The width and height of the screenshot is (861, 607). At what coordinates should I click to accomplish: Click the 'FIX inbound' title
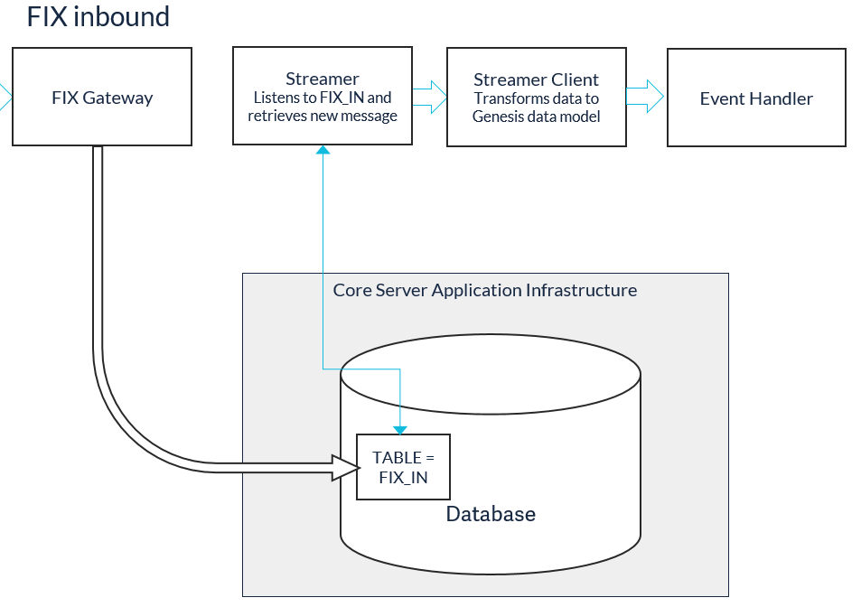[x=98, y=17]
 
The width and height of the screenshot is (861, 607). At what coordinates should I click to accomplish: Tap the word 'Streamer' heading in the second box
[x=323, y=79]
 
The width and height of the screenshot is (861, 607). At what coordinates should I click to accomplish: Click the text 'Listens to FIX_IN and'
[x=323, y=98]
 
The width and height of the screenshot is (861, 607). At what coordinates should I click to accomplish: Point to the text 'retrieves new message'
[x=323, y=116]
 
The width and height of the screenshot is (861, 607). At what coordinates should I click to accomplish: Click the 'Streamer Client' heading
[x=536, y=80]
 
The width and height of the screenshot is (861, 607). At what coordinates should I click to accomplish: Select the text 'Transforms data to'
[x=537, y=98]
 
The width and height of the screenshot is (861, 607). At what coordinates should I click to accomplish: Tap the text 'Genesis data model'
[x=537, y=117]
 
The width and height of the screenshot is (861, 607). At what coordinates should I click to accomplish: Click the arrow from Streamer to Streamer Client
[x=429, y=98]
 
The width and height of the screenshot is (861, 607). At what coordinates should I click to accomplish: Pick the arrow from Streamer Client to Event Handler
[x=645, y=97]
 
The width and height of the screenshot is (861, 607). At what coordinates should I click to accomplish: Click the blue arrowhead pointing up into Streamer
[x=323, y=150]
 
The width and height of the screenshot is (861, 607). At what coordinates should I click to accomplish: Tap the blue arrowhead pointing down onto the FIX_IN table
[x=400, y=430]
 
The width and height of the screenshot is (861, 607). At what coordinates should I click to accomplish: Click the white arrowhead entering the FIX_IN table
[x=346, y=468]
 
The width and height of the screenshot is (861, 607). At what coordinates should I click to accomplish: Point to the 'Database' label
[x=491, y=514]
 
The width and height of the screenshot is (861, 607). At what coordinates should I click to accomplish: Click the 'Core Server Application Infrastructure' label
[x=485, y=290]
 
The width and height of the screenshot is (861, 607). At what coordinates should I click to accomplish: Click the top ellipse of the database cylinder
[x=491, y=334]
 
